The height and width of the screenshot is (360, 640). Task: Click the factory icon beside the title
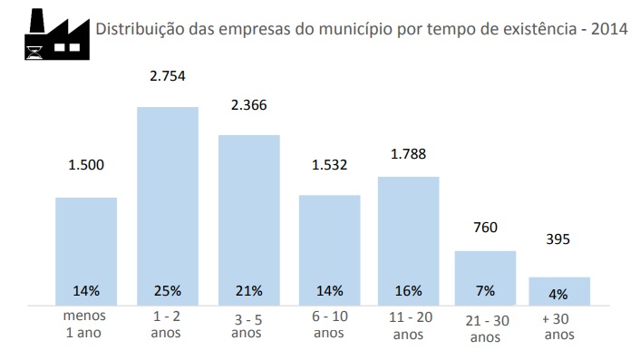pos(57,34)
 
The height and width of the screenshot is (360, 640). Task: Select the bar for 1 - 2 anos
pos(168,206)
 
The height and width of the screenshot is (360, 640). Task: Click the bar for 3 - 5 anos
pos(249,220)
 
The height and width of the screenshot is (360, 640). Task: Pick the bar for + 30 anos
pos(559,291)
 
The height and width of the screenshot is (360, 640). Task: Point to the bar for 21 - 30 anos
pos(485,278)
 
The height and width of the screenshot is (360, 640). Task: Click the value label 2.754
pos(168,76)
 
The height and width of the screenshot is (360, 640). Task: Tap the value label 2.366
pos(249,105)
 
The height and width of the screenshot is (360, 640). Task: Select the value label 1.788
pos(408,154)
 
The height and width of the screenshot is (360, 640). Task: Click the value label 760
pos(485,228)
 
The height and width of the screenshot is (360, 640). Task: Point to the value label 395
pos(558,239)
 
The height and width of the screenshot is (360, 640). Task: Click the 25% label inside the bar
pos(168,291)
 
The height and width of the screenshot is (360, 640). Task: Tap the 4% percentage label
pos(558,295)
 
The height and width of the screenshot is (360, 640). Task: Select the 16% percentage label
pos(408,291)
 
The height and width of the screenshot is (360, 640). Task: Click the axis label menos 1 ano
pos(84,324)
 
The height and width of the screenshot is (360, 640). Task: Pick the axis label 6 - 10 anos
pos(330,325)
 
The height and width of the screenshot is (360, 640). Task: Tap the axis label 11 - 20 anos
pos(411,326)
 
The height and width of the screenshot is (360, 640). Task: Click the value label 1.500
pos(86,165)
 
